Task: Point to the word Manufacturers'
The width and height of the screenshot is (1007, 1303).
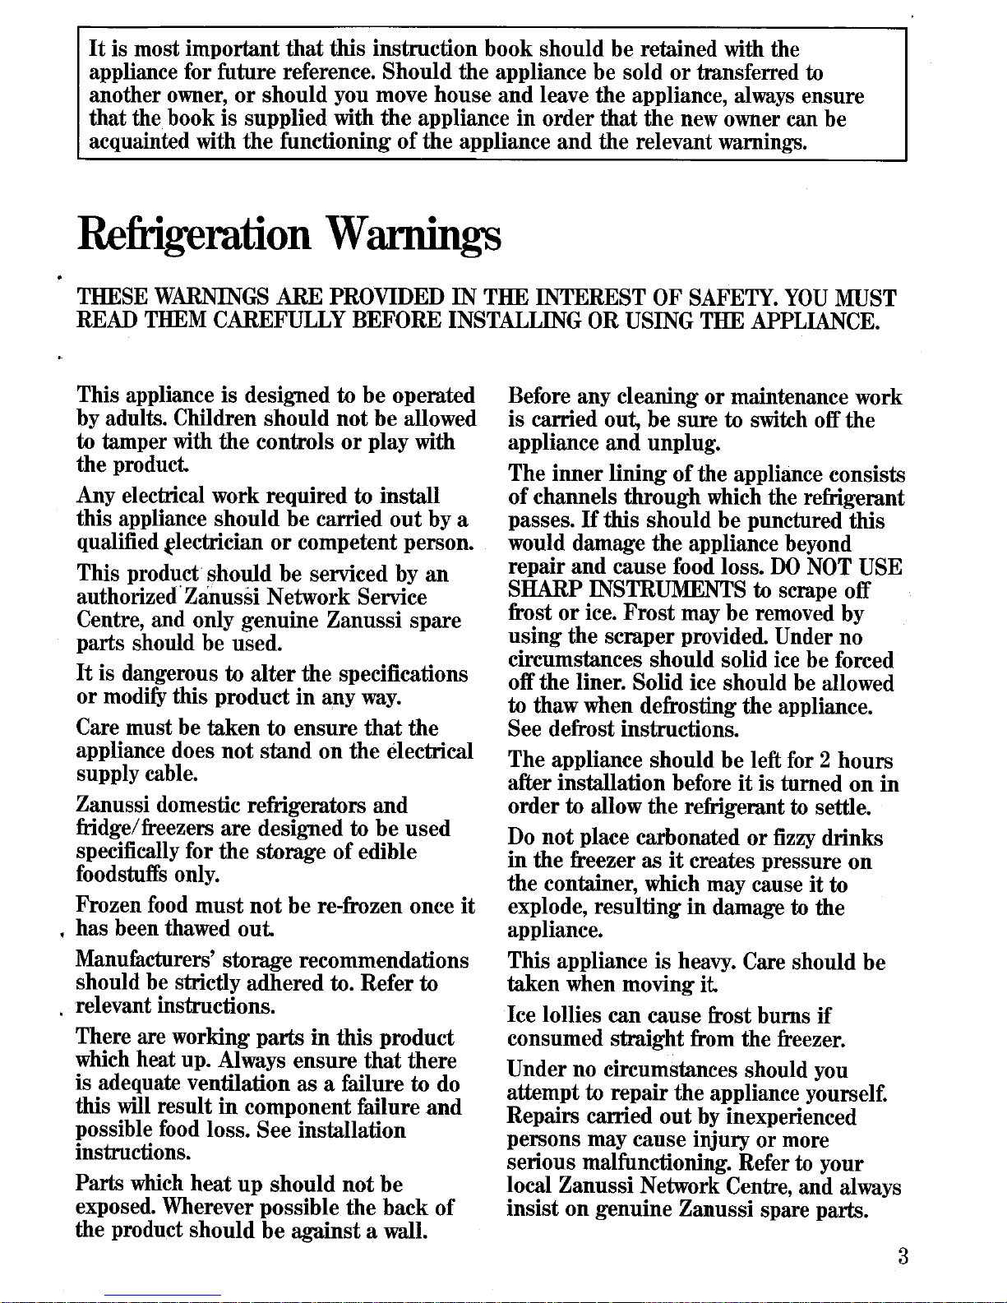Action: point(146,960)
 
